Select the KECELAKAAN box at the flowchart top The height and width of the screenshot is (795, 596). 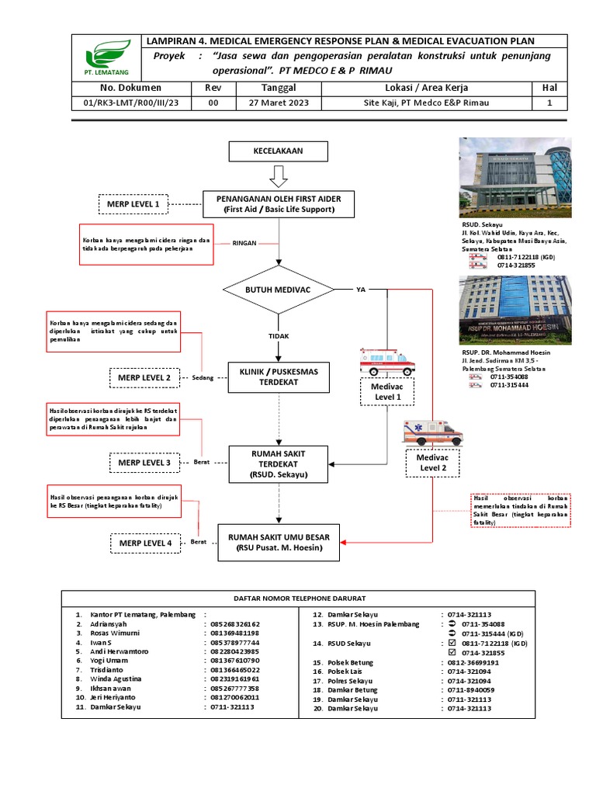[279, 151]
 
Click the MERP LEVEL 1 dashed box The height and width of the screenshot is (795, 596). [134, 204]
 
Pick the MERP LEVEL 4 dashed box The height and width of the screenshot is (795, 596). [147, 542]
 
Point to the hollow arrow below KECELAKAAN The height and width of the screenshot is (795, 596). [279, 178]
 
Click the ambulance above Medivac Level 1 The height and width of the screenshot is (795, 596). [387, 361]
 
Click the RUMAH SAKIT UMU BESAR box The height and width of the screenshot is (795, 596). [279, 541]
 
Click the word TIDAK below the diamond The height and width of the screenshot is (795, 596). [279, 335]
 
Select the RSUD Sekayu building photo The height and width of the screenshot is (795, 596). [515, 179]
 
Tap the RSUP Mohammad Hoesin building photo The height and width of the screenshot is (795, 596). [515, 309]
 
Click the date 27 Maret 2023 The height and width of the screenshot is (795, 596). [279, 102]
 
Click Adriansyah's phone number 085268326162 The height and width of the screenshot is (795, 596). [234, 623]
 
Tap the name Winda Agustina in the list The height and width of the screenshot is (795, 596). [120, 678]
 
